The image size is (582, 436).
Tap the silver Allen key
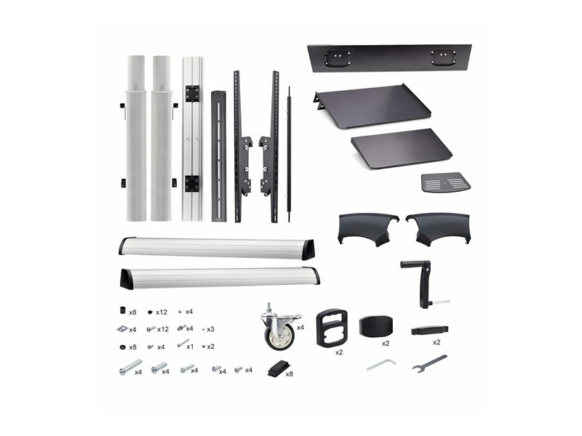[x=381, y=364]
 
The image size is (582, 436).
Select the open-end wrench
[x=429, y=364]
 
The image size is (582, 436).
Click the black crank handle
[x=424, y=283]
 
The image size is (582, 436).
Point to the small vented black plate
[x=446, y=182]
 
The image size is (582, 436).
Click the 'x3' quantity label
[x=210, y=329]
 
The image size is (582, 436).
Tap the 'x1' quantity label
[x=190, y=347]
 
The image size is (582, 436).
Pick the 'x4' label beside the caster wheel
[x=300, y=328]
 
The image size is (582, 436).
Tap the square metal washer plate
[x=122, y=328]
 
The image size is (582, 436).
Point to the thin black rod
[x=289, y=154]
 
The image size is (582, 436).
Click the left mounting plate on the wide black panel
[x=337, y=57]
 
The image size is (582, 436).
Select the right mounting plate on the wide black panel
[x=443, y=57]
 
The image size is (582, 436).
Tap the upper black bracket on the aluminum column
[x=193, y=94]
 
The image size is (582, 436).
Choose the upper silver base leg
[x=217, y=248]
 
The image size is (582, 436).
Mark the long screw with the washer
[x=130, y=367]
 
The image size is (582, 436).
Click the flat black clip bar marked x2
[x=429, y=330]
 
